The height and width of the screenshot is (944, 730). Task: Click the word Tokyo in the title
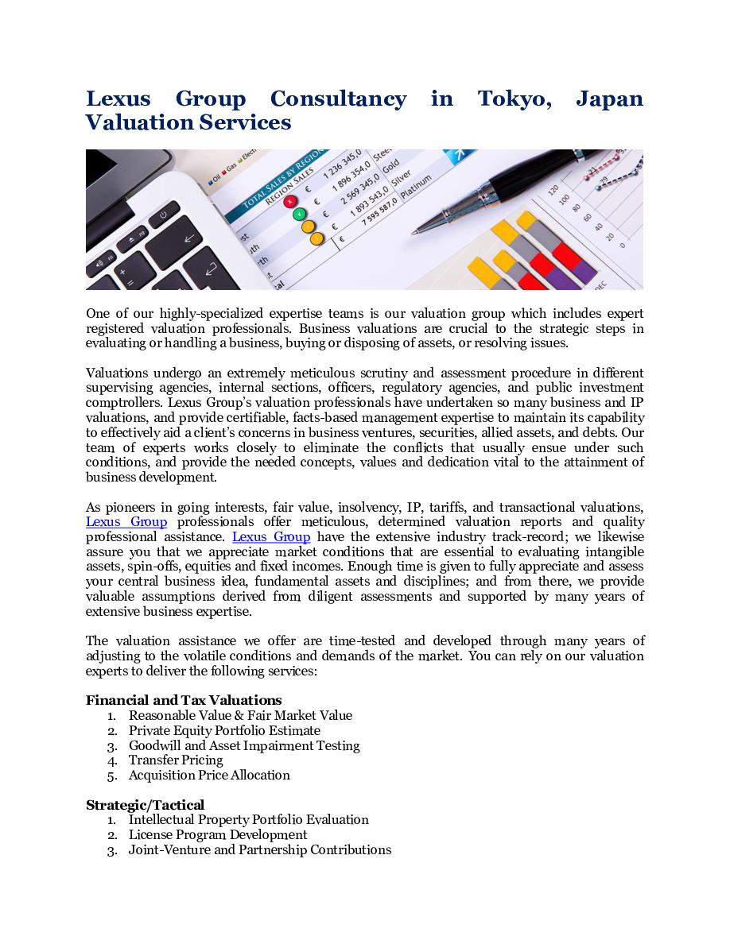pyautogui.click(x=514, y=99)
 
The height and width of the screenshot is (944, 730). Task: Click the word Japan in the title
pyautogui.click(x=609, y=99)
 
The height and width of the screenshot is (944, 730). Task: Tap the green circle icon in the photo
pyautogui.click(x=299, y=214)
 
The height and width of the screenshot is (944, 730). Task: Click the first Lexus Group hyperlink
pyautogui.click(x=126, y=522)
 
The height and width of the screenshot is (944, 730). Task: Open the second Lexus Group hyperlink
pyautogui.click(x=271, y=537)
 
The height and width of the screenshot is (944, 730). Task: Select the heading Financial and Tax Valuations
pyautogui.click(x=184, y=700)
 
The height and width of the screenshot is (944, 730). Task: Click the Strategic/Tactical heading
pyautogui.click(x=145, y=805)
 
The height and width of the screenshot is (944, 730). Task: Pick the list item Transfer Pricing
pyautogui.click(x=176, y=760)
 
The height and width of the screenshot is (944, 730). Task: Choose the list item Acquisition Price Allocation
pyautogui.click(x=209, y=776)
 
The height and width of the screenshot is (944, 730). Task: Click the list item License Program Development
pyautogui.click(x=218, y=835)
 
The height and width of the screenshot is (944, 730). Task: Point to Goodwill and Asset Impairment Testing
pyautogui.click(x=244, y=745)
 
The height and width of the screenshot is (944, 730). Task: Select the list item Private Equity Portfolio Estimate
pyautogui.click(x=224, y=730)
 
